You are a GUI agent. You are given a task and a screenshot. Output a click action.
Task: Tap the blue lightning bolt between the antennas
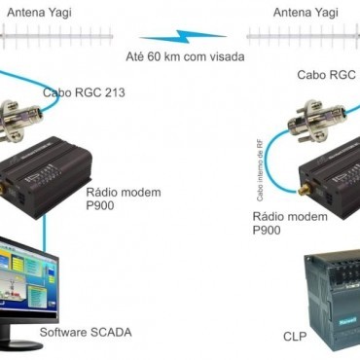pyautogui.click(x=184, y=40)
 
